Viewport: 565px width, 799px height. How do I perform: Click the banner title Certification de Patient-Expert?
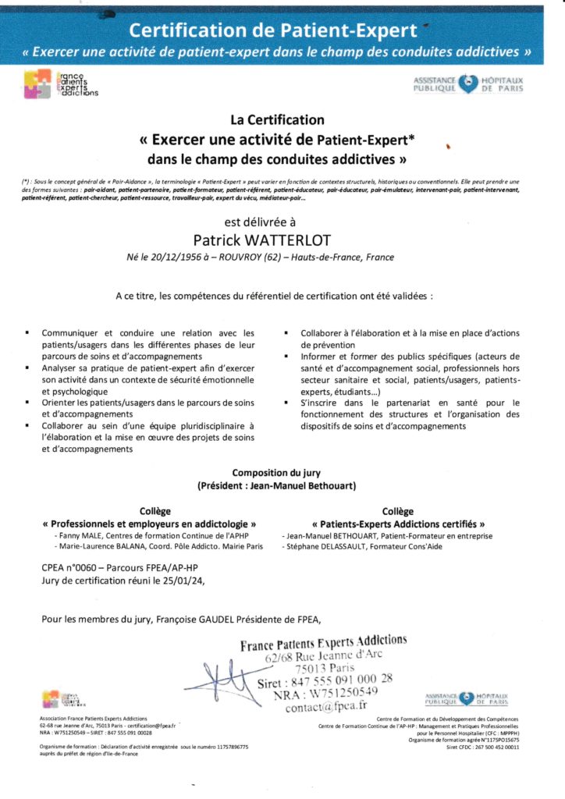273,31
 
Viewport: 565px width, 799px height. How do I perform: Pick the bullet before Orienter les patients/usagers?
27,403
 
